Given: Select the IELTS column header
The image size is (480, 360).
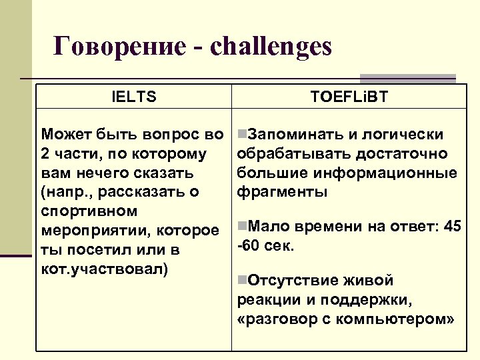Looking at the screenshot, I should (x=134, y=97).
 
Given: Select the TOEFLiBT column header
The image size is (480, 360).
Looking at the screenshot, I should (x=349, y=97).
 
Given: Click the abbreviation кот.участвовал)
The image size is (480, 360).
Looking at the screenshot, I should (x=105, y=269).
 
